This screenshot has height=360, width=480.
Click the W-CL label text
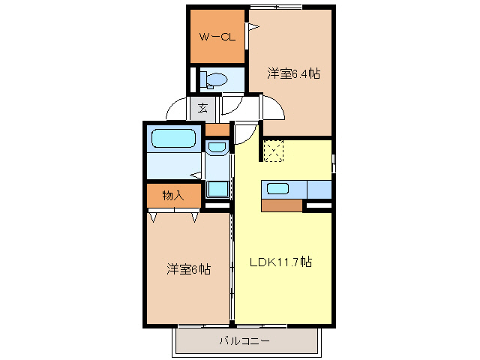[x=216, y=36]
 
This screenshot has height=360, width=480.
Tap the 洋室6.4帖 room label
[x=294, y=73]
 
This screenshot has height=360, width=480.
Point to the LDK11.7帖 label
[x=281, y=262]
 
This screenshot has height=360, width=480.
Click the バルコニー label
[x=244, y=341]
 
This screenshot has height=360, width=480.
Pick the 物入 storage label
[x=173, y=195]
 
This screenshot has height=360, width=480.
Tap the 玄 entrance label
[x=202, y=107]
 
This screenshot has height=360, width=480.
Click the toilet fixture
[x=216, y=79]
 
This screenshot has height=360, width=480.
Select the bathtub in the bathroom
[x=173, y=139]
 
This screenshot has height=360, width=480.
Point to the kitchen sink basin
[x=277, y=189]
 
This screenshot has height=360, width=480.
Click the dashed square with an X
[x=274, y=151]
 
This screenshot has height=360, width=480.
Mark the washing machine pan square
[x=217, y=188]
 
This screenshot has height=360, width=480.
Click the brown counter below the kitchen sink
[x=281, y=205]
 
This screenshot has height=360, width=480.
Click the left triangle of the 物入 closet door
[x=154, y=217]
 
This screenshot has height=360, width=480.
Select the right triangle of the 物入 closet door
[x=194, y=217]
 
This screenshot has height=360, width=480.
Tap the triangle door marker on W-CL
[x=253, y=28]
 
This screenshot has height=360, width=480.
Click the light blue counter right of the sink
[x=319, y=189]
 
